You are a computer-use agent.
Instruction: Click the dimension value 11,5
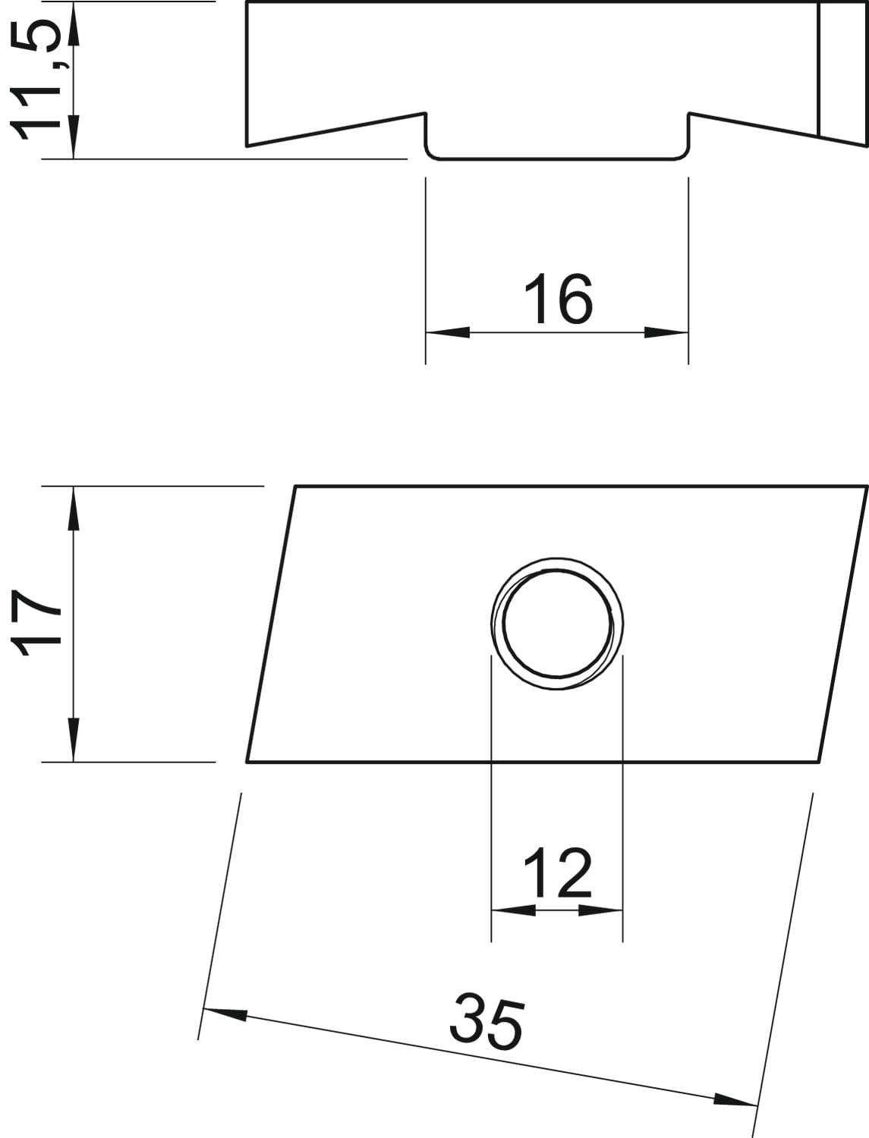(x=36, y=80)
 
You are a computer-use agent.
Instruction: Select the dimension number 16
(x=557, y=299)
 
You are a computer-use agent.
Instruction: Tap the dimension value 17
(x=36, y=624)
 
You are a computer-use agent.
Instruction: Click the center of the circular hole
(x=557, y=624)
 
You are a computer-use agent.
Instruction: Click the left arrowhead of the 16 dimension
(x=448, y=332)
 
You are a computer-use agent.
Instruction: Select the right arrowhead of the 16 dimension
(x=666, y=332)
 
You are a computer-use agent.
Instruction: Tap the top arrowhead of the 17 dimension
(x=74, y=508)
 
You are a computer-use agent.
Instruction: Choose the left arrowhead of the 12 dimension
(x=513, y=923)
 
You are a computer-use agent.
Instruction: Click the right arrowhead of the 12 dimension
(x=600, y=923)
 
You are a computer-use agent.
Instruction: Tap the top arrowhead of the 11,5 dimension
(x=74, y=24)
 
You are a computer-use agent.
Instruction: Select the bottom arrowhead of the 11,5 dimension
(x=74, y=137)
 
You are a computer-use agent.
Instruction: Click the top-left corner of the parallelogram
(x=295, y=486)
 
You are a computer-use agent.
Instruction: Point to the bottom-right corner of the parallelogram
(x=819, y=762)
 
